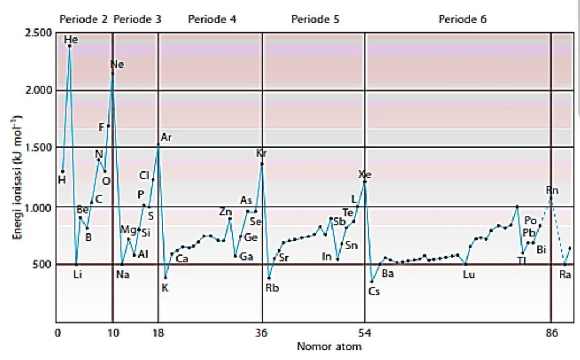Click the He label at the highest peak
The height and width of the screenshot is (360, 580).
tap(71, 40)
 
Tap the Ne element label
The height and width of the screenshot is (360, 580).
tap(117, 64)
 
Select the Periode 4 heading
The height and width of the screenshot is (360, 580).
tap(212, 19)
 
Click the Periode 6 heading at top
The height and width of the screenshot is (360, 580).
tap(463, 19)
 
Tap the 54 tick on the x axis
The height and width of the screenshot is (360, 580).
tap(365, 333)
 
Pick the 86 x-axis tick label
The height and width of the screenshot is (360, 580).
tap(552, 333)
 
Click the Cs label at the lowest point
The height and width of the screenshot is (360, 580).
tap(373, 291)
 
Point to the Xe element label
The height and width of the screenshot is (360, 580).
tap(364, 174)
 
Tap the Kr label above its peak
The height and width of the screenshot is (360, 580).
tap(261, 153)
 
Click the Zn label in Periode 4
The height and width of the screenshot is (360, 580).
tap(225, 212)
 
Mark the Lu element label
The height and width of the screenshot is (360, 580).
tap(469, 275)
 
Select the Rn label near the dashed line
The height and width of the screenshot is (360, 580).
tap(552, 190)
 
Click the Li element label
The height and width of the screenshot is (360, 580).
tap(78, 275)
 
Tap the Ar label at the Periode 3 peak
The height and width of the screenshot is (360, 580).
tap(166, 137)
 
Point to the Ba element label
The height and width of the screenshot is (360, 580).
tap(388, 273)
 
